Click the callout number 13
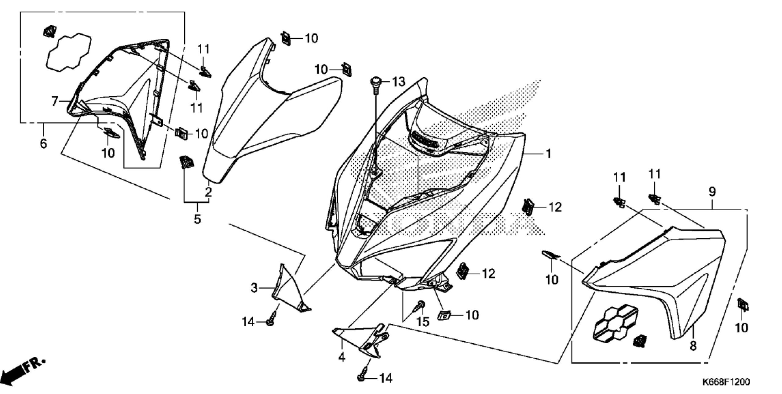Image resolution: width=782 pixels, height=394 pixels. (398, 82)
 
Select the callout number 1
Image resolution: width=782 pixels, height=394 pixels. (548, 154)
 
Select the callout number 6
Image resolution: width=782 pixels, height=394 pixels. (43, 143)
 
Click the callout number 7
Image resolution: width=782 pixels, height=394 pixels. (54, 101)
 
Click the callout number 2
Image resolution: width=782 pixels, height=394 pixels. (209, 192)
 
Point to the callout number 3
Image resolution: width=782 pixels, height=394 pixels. (254, 288)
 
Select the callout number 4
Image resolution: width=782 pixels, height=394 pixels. (342, 356)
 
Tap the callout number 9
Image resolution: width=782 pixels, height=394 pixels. (712, 192)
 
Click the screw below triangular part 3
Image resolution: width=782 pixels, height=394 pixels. (272, 318)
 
